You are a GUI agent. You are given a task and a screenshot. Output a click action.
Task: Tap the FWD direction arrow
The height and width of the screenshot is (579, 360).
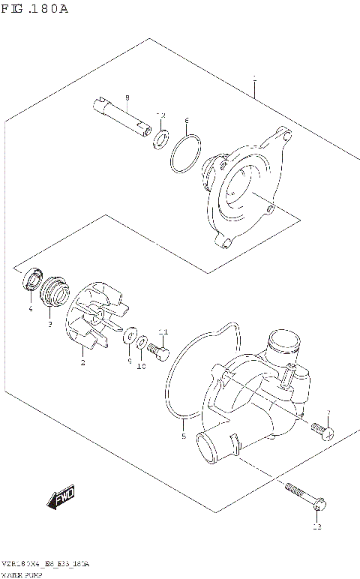tap(61, 496)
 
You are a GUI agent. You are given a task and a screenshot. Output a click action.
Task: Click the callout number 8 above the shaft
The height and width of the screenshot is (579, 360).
tap(127, 98)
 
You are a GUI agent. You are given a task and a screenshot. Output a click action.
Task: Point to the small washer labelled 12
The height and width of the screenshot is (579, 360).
tap(160, 139)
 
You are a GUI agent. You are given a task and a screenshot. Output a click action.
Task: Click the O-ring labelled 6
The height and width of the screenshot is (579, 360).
tap(184, 154)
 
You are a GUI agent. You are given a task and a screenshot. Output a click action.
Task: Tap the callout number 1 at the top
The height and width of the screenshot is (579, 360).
tap(255, 78)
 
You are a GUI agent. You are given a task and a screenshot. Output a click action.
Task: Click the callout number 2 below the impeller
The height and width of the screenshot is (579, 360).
tap(82, 363)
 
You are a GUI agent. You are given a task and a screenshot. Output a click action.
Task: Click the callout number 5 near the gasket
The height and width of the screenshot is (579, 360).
tap(183, 435)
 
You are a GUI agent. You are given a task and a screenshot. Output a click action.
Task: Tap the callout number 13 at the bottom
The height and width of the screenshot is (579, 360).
tap(316, 528)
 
